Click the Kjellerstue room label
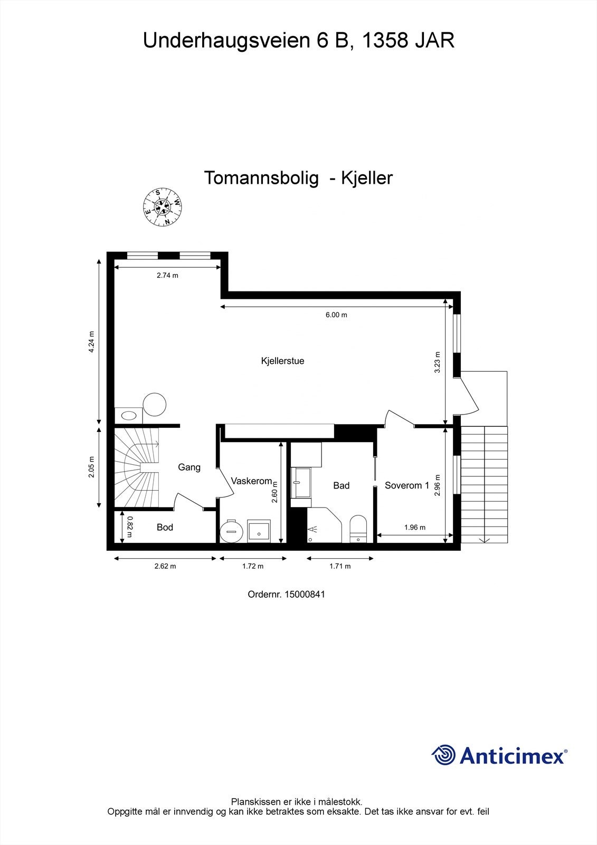(x=282, y=361)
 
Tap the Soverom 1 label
(x=406, y=485)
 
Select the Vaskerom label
(x=251, y=481)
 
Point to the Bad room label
(x=341, y=485)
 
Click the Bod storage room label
(x=165, y=527)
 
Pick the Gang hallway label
(x=189, y=467)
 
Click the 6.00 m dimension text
(x=336, y=315)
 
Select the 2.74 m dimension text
(x=167, y=275)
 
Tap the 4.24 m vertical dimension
(x=91, y=342)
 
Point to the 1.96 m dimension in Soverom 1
(x=414, y=527)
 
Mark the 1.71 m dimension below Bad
(x=340, y=566)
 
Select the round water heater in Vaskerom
(x=231, y=531)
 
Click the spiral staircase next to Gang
(x=137, y=467)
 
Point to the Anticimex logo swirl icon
(x=443, y=755)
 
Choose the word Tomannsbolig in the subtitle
(x=261, y=178)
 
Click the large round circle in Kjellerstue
(x=155, y=404)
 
